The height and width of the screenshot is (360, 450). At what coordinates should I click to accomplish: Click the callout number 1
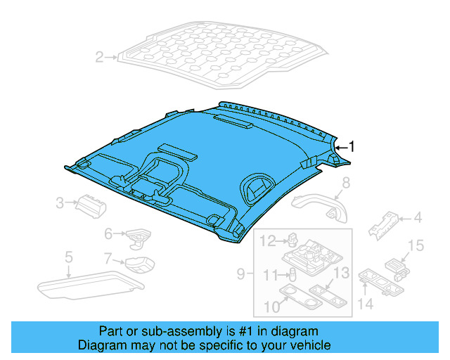coord(353,147)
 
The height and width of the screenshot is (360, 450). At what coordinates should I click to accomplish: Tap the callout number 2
coord(99,57)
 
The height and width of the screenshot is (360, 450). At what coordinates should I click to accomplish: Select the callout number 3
coord(60,204)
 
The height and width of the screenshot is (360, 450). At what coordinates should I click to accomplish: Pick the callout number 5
coord(68,257)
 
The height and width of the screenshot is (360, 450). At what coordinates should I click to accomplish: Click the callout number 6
coord(108,233)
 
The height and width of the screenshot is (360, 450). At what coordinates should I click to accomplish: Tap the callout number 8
coord(345,184)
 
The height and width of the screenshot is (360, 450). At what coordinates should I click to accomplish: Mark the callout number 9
coord(240,274)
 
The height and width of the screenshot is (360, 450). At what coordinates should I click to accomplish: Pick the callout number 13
coord(341,273)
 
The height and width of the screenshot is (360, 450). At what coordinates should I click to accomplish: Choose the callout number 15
coord(416,245)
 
